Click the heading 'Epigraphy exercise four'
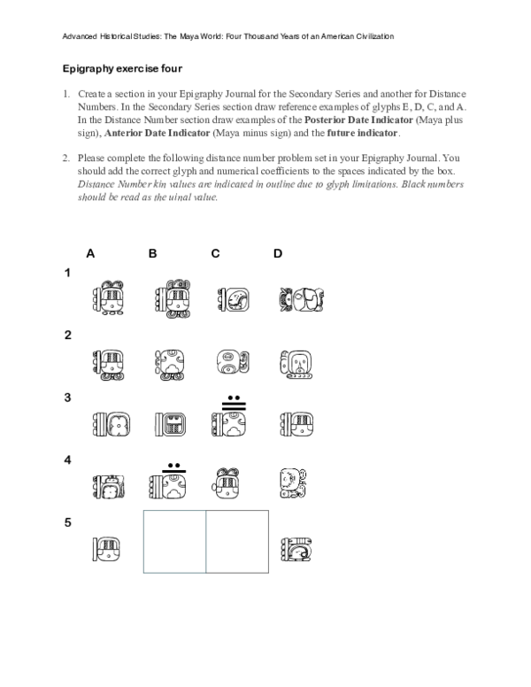[x=121, y=68]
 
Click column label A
[x=90, y=253]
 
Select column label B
[x=152, y=253]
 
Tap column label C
[x=215, y=253]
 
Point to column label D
[x=278, y=253]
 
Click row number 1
[x=67, y=274]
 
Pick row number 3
[x=67, y=398]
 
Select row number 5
[x=67, y=522]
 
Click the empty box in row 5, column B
[x=174, y=541]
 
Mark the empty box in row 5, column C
[x=237, y=541]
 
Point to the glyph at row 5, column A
[x=108, y=550]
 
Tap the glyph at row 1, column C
[x=232, y=301]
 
